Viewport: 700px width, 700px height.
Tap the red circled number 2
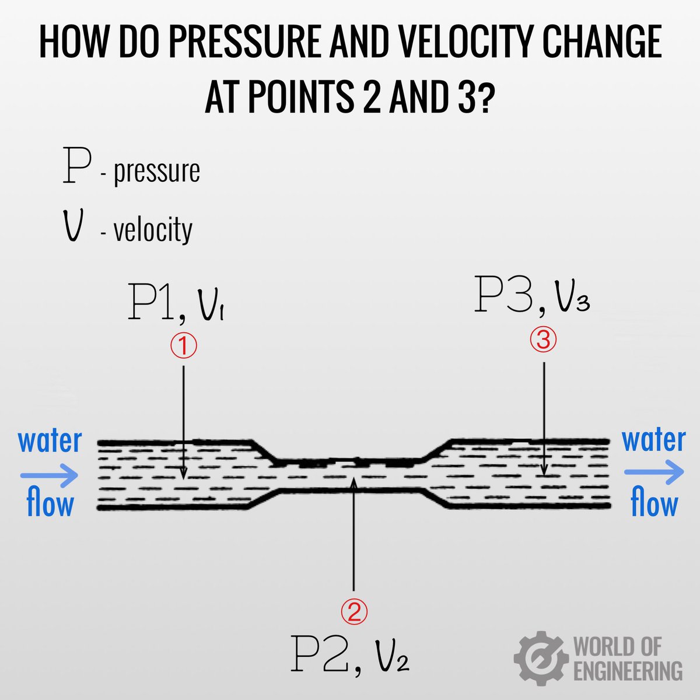tap(354, 611)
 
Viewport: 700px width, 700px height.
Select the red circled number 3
tap(543, 341)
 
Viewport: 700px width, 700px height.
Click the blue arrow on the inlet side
tap(50, 474)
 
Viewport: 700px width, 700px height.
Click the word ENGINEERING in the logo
tap(628, 670)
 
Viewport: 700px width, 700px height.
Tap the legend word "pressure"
tap(156, 171)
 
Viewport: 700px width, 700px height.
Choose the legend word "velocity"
tap(153, 230)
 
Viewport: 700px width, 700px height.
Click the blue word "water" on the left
tap(50, 441)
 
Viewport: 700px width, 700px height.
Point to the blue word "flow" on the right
tap(654, 504)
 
